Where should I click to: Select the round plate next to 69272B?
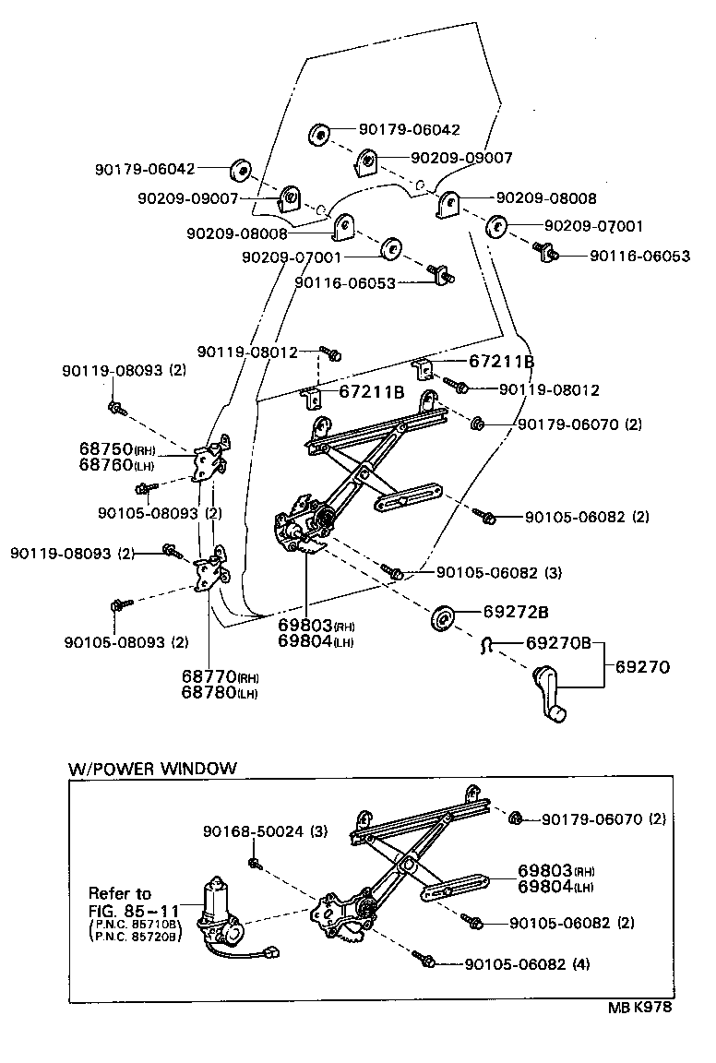(x=442, y=617)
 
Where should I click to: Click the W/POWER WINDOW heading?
(x=152, y=768)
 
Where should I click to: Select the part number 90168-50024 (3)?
(x=266, y=831)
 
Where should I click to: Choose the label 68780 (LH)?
(x=219, y=692)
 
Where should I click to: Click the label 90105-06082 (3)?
(x=498, y=573)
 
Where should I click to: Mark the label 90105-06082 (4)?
(x=527, y=964)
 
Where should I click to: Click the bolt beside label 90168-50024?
(x=254, y=863)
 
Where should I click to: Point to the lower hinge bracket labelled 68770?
(x=212, y=571)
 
